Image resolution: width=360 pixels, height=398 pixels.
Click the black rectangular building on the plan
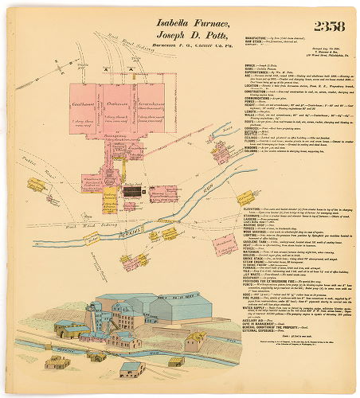[138, 191]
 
